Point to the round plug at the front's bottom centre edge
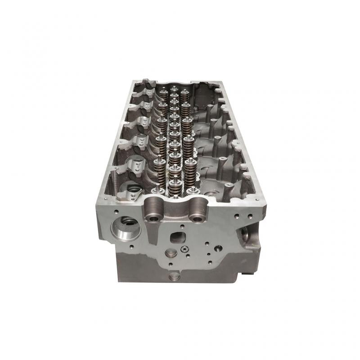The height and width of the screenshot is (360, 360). click(x=175, y=275)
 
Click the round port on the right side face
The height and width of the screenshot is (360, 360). click(x=245, y=233)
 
